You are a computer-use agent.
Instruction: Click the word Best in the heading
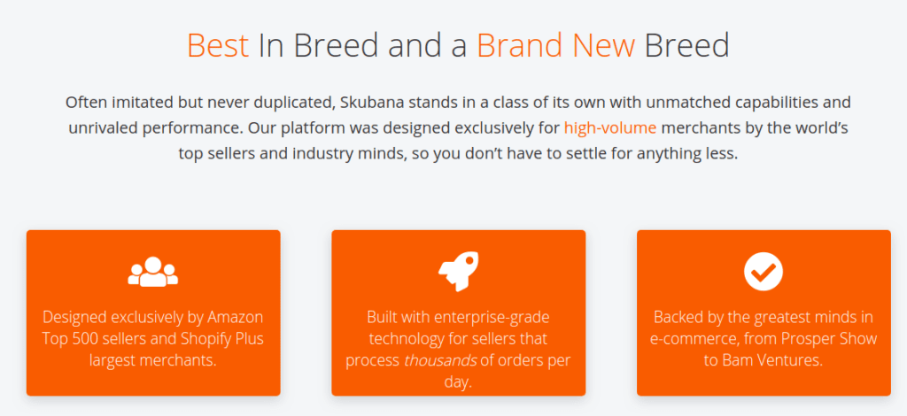218,45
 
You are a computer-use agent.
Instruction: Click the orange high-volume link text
610,127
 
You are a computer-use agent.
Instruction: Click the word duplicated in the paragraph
291,103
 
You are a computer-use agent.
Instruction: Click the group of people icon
152,272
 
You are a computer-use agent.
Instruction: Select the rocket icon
459,271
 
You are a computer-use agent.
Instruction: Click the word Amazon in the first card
235,317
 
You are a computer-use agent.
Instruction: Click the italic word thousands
440,360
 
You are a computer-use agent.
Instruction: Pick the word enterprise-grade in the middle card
491,318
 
